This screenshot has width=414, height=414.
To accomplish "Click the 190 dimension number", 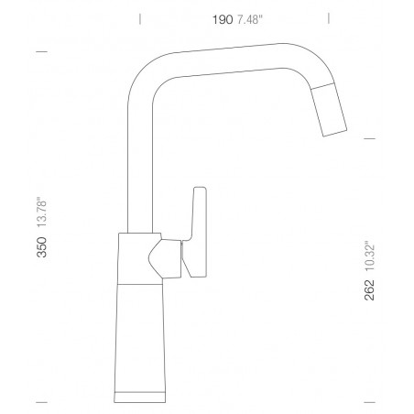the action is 223,20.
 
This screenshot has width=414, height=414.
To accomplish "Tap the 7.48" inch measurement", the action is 250,20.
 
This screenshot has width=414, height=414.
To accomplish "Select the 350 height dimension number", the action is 42,247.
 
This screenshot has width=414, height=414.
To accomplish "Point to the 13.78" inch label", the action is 42,212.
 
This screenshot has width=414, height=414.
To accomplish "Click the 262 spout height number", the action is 369,289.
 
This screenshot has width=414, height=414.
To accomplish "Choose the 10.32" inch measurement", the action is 369,256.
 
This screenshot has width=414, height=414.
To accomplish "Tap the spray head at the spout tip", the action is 329,109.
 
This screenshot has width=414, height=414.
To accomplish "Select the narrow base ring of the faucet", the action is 140,397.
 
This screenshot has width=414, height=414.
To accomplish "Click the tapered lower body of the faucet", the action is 140,337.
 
